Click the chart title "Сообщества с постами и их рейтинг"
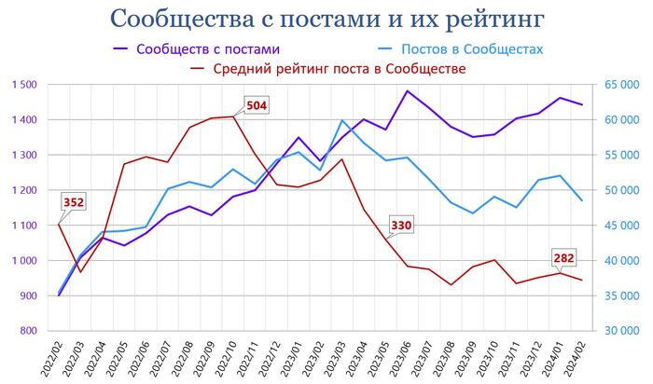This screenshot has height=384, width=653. [326, 19]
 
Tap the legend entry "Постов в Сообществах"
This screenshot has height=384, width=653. [471, 48]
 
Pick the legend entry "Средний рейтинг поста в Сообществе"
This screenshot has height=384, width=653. [340, 68]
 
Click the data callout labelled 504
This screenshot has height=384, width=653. [256, 105]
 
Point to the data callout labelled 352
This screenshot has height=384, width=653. [74, 202]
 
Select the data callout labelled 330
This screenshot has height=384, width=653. [402, 225]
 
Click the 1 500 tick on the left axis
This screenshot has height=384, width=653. [25, 85]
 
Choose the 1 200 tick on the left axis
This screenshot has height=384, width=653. [25, 190]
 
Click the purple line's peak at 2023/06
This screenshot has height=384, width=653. [407, 91]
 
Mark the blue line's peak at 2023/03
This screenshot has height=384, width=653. [342, 120]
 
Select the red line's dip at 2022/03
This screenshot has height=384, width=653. [80, 272]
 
